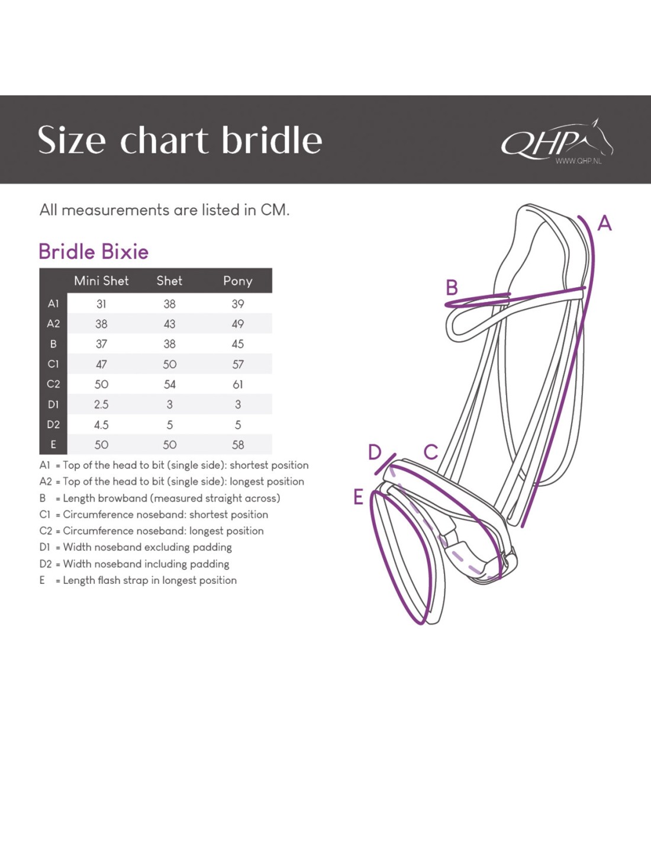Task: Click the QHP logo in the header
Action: (556, 141)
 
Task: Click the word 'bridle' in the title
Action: (272, 140)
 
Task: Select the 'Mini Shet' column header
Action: (101, 281)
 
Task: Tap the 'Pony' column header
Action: (237, 281)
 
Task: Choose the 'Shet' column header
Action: (169, 281)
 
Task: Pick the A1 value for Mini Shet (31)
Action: (101, 304)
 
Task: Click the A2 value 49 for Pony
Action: (237, 324)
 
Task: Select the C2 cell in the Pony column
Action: (237, 384)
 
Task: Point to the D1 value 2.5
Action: (101, 404)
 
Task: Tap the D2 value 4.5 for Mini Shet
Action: (101, 425)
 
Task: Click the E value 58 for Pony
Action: (237, 445)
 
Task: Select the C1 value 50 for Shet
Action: (169, 364)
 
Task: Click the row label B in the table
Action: (53, 344)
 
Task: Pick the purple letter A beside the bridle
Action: (604, 223)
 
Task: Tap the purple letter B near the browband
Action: (452, 288)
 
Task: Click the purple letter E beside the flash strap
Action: (358, 497)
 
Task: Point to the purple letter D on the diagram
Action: (375, 452)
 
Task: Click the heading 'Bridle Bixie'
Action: (94, 252)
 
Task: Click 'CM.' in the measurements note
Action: (275, 210)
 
